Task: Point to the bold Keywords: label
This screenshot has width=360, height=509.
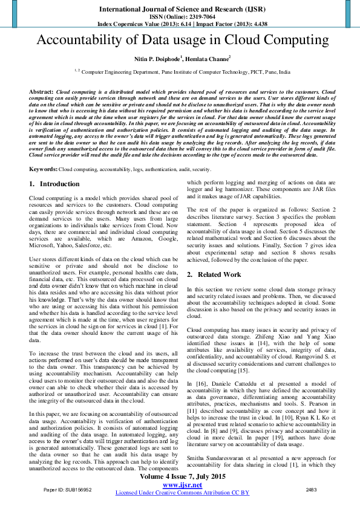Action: [43, 170]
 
